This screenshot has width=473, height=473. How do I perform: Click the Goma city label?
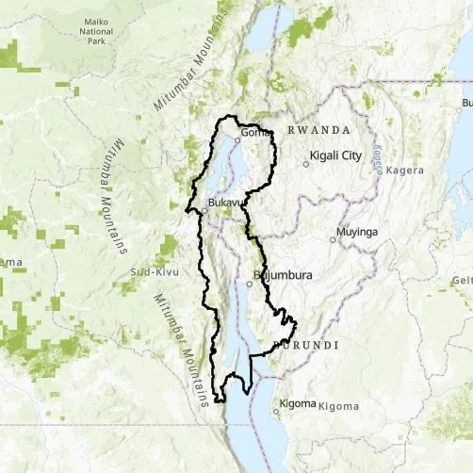pos(255,132)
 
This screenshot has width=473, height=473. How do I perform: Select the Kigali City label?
pos(336,155)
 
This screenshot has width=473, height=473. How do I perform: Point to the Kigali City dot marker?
pos(306,164)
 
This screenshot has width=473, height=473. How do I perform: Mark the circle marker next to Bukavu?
pos(202,211)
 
